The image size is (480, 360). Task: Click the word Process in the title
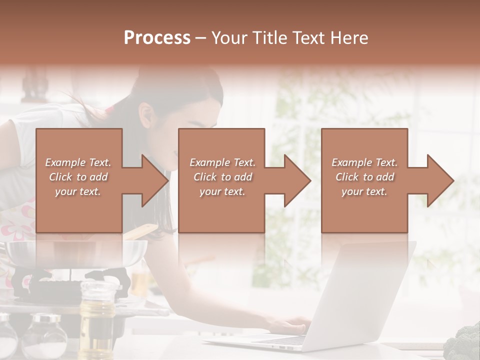coord(157,38)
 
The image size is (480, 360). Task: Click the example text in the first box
coord(78,177)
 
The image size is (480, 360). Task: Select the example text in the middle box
coord(222,177)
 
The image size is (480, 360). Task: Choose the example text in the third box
coord(364,177)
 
